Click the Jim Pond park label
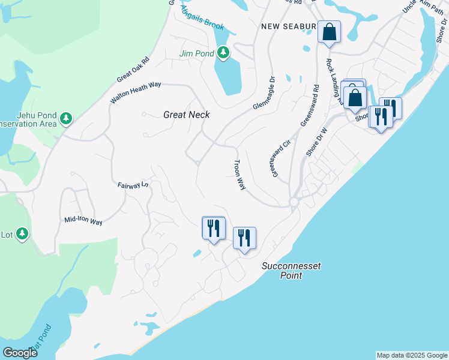click(197, 53)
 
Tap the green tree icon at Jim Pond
click(223, 53)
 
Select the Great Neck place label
click(186, 114)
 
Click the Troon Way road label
click(240, 175)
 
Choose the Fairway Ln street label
click(133, 186)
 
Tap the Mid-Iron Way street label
click(83, 220)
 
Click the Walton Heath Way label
click(136, 93)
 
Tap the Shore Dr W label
click(316, 142)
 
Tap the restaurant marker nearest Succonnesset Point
click(244, 238)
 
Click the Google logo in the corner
click(20, 353)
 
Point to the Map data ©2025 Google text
click(412, 355)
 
